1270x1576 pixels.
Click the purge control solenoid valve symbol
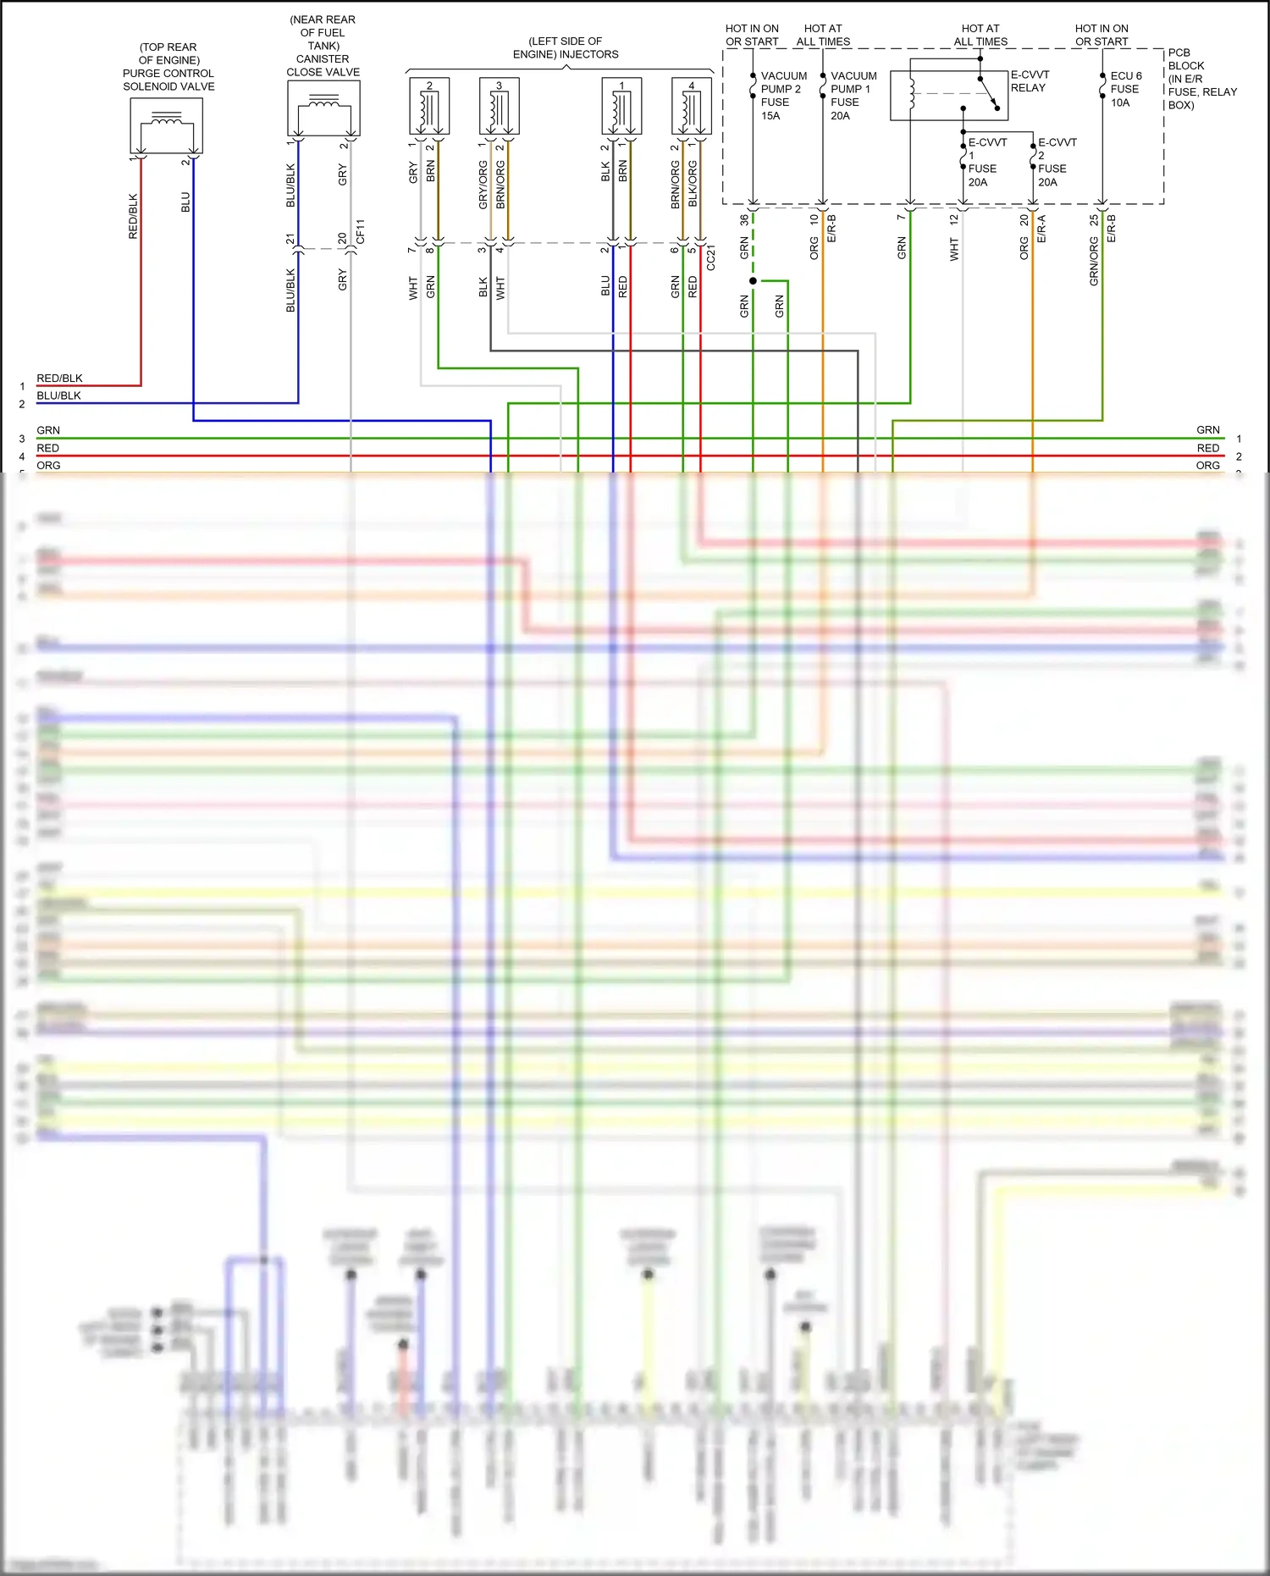[x=166, y=125]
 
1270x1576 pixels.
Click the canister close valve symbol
[x=323, y=108]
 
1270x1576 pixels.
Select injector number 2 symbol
[x=429, y=107]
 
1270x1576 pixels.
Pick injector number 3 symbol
[x=499, y=107]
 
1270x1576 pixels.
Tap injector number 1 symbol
[x=621, y=107]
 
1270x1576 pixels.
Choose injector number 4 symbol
[x=691, y=107]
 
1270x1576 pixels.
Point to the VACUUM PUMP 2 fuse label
[x=782, y=95]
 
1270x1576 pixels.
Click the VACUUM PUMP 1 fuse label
[x=853, y=95]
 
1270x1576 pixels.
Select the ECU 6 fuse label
[x=1125, y=89]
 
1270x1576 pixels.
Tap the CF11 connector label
[x=361, y=231]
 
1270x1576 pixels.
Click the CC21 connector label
[x=710, y=257]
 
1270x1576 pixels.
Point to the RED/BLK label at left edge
[x=59, y=379]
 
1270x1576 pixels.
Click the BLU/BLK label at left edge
[x=58, y=395]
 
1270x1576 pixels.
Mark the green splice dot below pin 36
[x=753, y=280]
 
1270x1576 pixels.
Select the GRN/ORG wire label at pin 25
[x=1094, y=261]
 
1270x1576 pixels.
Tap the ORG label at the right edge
[x=1208, y=466]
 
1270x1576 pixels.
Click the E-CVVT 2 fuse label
[x=1056, y=162]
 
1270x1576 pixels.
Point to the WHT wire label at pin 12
[x=954, y=249]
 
